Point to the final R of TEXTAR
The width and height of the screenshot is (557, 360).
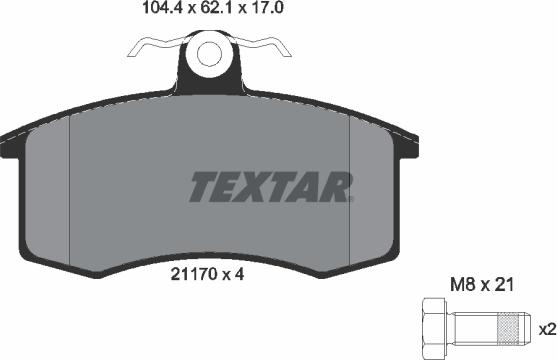(x=335, y=186)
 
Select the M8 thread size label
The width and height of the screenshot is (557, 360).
(x=458, y=286)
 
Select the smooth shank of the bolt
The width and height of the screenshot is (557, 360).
(x=474, y=327)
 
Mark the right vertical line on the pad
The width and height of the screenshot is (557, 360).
(x=347, y=190)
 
